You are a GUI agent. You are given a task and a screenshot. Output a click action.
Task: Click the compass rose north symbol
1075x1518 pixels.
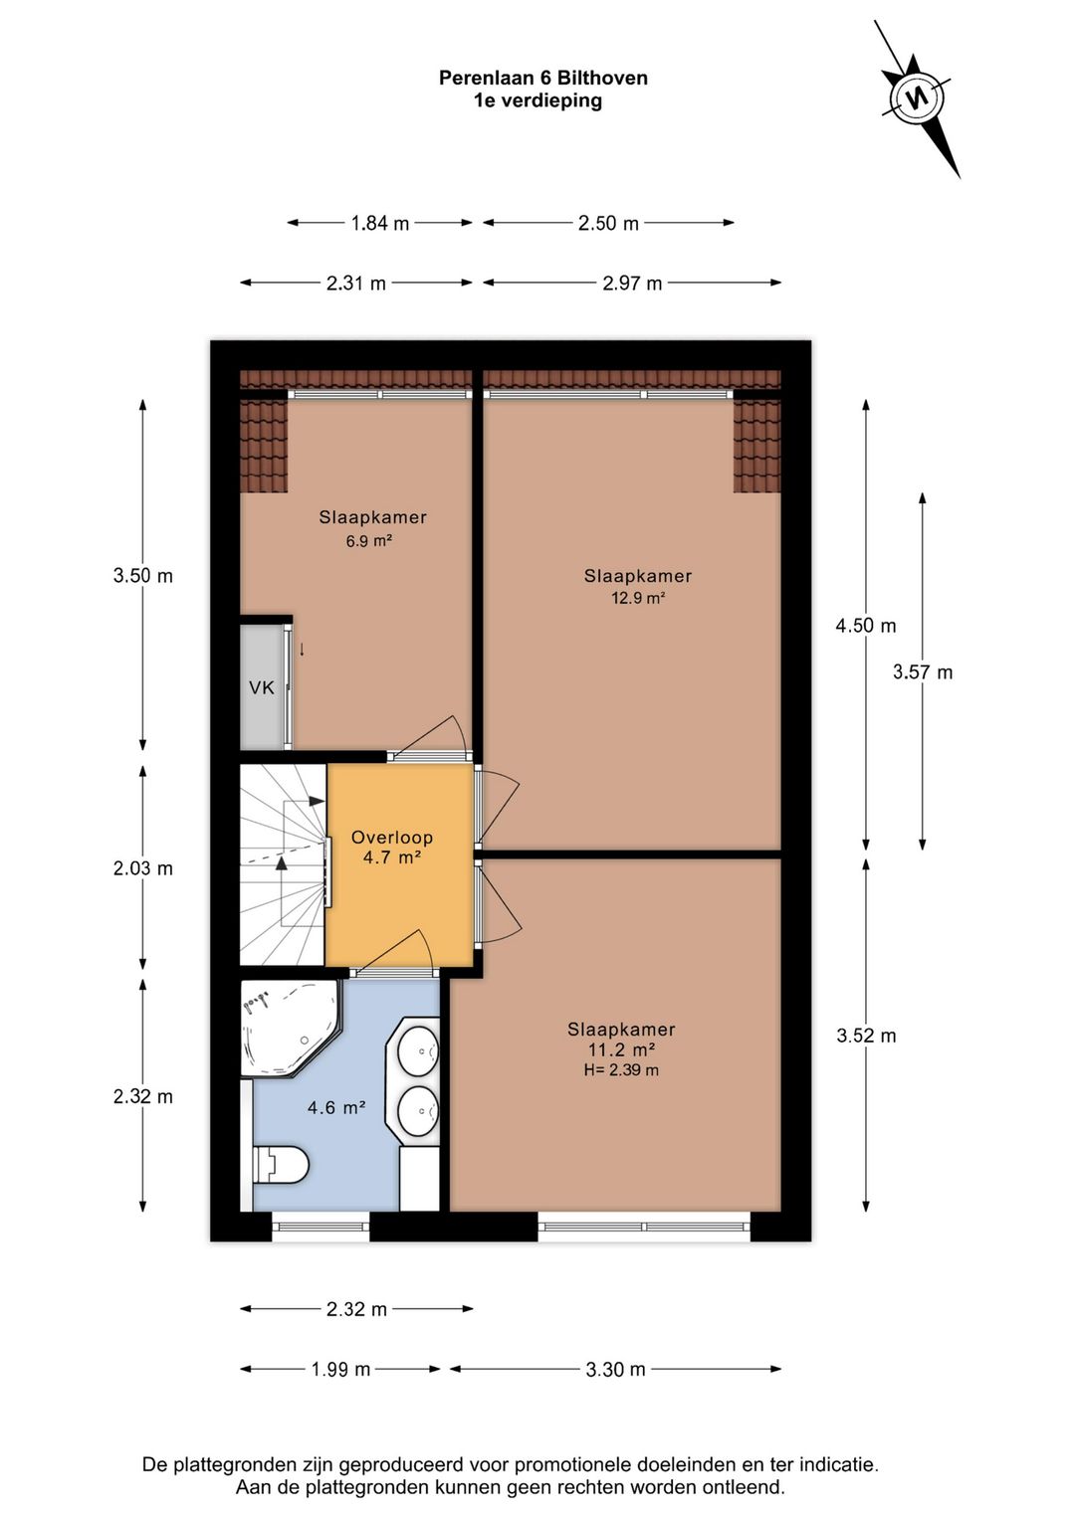coord(917,98)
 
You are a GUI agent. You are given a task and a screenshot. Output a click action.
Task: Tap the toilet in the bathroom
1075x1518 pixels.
coord(280,1166)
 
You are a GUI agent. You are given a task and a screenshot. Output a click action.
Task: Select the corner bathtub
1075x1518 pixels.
coord(291,1028)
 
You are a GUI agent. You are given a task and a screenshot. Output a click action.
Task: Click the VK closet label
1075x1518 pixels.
coord(262,687)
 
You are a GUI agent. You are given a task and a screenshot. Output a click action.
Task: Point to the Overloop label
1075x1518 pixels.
coord(391,837)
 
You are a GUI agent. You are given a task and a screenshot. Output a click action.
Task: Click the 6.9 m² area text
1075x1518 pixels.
coord(369,541)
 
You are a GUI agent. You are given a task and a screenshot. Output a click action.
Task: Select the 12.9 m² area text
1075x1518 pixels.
coord(638,598)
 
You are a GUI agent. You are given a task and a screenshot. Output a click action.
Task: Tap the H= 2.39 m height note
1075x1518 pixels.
coord(621,1070)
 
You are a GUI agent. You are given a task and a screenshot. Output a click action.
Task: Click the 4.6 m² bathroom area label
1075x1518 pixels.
coord(336,1108)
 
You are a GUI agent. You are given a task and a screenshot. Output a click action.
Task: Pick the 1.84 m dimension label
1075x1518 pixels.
coord(380,223)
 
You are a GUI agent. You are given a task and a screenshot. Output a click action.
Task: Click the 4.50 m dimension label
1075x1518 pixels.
coord(865,626)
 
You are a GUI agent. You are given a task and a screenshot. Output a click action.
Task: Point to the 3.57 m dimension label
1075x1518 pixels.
coord(923,672)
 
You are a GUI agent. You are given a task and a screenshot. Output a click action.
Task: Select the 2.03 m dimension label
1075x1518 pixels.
coord(143,868)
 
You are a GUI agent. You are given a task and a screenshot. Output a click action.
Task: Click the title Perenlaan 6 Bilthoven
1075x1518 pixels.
coord(543,78)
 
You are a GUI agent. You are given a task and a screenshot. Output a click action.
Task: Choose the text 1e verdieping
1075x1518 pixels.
coord(537,100)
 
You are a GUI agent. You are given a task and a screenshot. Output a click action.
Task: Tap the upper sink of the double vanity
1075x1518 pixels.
coord(418,1051)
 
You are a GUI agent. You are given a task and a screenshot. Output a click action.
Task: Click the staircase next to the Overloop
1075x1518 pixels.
coord(284,864)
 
